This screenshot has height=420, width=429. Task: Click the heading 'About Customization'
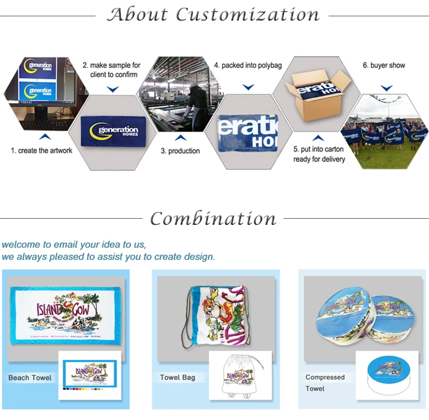pos(213,14)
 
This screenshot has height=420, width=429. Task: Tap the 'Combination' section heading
pos(213,218)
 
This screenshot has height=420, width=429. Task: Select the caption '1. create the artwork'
pos(41,150)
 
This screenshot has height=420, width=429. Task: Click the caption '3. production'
pos(180,151)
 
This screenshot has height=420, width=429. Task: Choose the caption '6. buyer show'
pos(384,65)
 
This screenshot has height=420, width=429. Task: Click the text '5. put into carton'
pos(318,149)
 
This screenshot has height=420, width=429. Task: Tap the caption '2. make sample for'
pos(111,65)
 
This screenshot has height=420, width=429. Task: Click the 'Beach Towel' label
pos(30,378)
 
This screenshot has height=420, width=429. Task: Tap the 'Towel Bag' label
pos(177,378)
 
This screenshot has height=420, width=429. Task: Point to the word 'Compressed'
pos(325,377)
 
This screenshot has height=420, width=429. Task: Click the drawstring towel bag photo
pos(216,315)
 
